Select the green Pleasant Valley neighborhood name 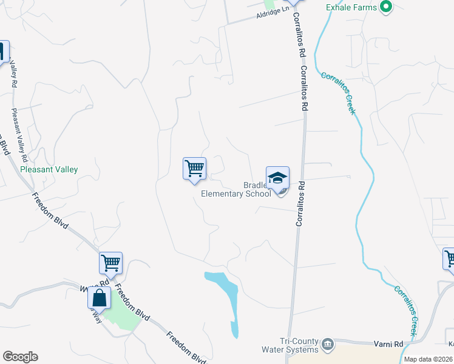49,170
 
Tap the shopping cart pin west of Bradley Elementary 195,168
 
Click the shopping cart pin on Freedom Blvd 111,263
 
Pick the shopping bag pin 99,298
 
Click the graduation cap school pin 277,178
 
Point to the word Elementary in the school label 228,194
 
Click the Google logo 20,357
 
